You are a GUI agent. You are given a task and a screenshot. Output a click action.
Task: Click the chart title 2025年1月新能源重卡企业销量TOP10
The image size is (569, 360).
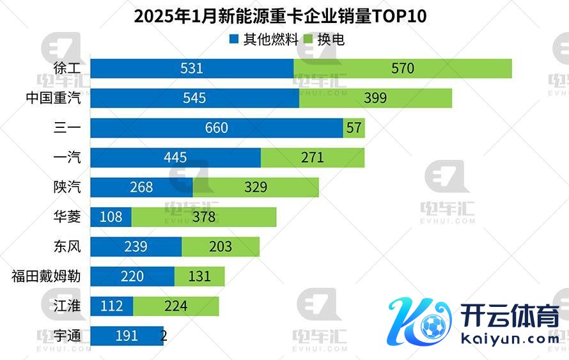point(280,16)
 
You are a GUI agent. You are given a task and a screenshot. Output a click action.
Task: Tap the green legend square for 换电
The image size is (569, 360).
point(311,40)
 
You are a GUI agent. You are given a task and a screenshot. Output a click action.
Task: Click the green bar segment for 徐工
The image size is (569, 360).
point(403,68)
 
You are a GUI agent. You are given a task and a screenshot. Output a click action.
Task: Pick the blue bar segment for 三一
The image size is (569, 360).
point(217,128)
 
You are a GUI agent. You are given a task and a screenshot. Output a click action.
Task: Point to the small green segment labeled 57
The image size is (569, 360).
point(354,128)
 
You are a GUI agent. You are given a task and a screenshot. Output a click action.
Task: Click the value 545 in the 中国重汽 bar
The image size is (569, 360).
point(194,98)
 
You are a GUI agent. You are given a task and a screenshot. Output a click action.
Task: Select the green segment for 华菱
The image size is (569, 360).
point(204,217)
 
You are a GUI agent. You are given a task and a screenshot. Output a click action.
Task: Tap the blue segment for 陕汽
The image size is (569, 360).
point(141,187)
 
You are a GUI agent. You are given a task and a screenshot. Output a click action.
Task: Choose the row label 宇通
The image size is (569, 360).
point(68,335)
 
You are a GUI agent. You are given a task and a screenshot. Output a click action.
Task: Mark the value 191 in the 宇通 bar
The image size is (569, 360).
point(127,336)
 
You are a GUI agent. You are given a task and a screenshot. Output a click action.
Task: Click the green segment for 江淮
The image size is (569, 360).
point(176,306)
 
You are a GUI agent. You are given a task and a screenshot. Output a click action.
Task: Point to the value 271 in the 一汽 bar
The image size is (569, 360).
point(313,158)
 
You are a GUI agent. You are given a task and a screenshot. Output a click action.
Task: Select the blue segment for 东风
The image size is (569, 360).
point(136,247)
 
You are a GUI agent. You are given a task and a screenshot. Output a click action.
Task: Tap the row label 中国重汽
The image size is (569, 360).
point(54,98)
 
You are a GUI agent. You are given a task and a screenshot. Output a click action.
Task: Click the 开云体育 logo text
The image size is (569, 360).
point(509,316)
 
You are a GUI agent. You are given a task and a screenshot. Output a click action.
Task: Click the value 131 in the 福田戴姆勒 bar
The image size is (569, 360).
point(199,276)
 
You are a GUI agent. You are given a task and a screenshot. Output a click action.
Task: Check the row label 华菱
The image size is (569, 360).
point(68,217)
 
